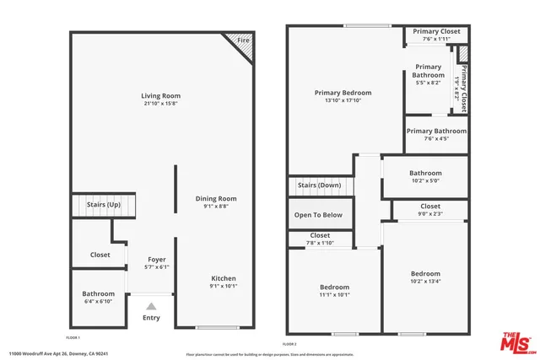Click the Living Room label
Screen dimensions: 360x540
pyautogui.click(x=160, y=96)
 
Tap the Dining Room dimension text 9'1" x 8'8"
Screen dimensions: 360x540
pyautogui.click(x=212, y=207)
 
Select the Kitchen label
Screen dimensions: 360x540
pyautogui.click(x=224, y=278)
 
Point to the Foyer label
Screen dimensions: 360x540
pyautogui.click(x=157, y=259)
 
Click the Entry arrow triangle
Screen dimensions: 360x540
pyautogui.click(x=151, y=306)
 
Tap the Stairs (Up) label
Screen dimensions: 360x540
pyautogui.click(x=104, y=205)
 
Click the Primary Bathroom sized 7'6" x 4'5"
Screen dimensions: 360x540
pyautogui.click(x=436, y=135)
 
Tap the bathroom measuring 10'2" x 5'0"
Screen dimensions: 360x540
pyautogui.click(x=425, y=177)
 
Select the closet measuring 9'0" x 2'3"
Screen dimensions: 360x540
pyautogui.click(x=429, y=210)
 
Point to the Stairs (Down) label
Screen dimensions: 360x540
pyautogui.click(x=320, y=185)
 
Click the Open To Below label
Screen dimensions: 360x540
pyautogui.click(x=319, y=215)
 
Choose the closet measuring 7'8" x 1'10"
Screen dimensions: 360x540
pyautogui.click(x=320, y=239)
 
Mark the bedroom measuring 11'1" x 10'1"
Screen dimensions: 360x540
pyautogui.click(x=335, y=291)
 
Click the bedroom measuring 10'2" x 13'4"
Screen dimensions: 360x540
pyautogui.click(x=425, y=277)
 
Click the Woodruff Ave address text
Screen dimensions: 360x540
pyautogui.click(x=58, y=354)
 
